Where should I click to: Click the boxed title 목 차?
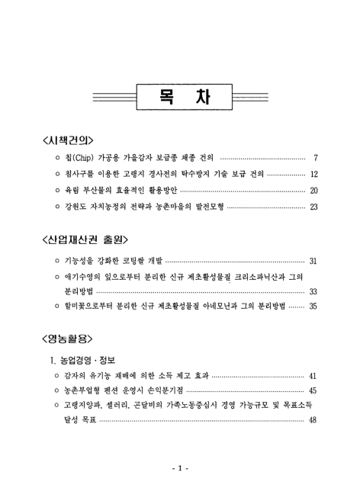180,97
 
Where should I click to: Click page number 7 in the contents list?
315,159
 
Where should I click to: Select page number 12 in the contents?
313,175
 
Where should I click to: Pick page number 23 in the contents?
313,207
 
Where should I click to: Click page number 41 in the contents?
313,377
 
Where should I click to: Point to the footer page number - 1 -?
180,467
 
